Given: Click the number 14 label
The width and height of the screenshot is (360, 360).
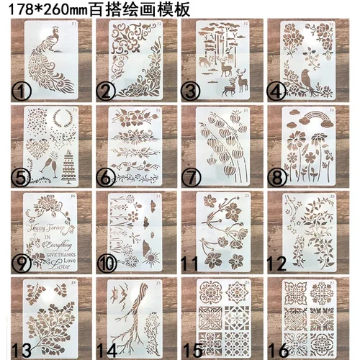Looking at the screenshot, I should coord(109,349).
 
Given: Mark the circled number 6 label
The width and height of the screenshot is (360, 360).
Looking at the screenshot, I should coord(107,177).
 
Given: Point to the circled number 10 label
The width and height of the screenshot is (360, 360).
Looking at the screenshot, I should coord(107,263).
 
